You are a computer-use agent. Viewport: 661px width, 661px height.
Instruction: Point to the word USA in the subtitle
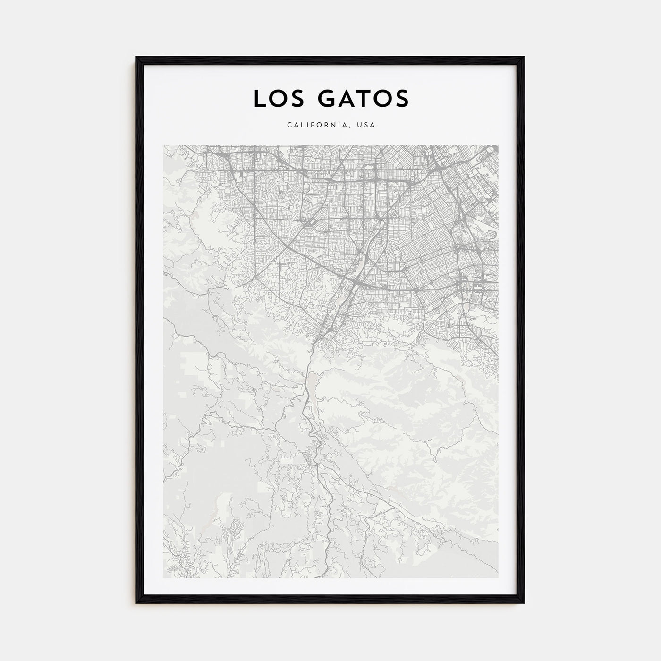(366, 125)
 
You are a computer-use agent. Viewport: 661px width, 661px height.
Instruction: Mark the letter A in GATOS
(345, 98)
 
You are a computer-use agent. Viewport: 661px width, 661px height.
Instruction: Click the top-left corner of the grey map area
(164, 146)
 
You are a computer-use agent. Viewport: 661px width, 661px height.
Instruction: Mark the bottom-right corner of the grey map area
(498, 577)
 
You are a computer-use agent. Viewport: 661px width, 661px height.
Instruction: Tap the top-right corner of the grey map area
(498, 146)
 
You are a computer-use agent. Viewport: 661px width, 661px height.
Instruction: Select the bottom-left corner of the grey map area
(164, 577)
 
